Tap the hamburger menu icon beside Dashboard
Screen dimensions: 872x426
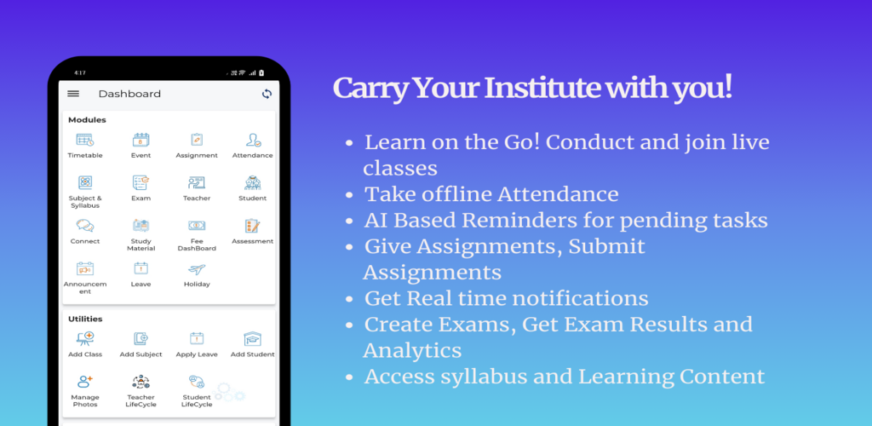click(73, 94)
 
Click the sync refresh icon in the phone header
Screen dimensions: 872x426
click(267, 94)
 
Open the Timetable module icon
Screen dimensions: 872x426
click(85, 140)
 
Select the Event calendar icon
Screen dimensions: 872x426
click(141, 140)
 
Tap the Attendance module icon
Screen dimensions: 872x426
click(253, 140)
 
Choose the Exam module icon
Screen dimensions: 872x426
click(141, 181)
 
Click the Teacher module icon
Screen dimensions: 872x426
click(197, 181)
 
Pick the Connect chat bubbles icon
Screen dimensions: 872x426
click(85, 225)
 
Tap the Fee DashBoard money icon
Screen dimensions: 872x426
click(197, 225)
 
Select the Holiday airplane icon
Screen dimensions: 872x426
click(197, 269)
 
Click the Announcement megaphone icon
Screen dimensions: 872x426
click(85, 269)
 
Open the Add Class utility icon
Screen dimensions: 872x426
click(85, 338)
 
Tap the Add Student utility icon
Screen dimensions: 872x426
click(252, 338)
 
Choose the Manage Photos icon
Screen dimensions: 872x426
click(85, 382)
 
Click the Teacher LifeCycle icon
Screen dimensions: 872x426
click(141, 382)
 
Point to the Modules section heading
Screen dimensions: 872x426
click(87, 119)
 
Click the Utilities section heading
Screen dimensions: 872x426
click(85, 319)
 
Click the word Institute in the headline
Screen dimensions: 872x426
click(543, 88)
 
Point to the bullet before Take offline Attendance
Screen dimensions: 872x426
click(349, 195)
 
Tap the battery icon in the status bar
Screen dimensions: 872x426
click(261, 73)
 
